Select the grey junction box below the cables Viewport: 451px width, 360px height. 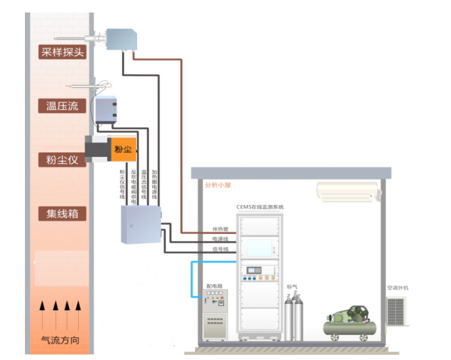coord(141,225)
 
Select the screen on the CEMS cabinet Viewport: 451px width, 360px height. coord(259,247)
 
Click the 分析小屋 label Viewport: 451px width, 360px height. coord(218,185)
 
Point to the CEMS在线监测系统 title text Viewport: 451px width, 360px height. coord(260,207)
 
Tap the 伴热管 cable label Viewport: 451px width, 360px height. coord(219,229)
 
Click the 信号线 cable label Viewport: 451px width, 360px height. coord(219,249)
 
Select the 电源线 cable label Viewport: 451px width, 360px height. coord(219,239)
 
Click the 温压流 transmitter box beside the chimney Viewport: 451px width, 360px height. coord(106,110)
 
